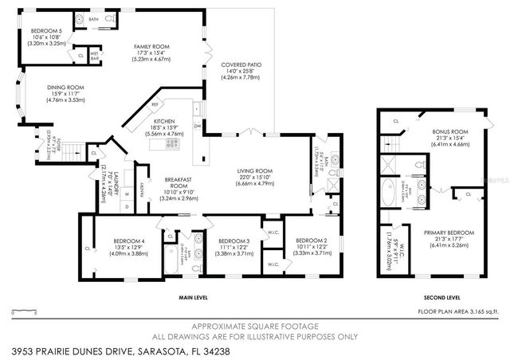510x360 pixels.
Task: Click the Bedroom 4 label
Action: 111,241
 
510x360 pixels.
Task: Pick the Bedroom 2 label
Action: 312,241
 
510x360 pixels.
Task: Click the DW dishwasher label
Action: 197,126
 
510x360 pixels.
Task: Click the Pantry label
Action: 141,189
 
